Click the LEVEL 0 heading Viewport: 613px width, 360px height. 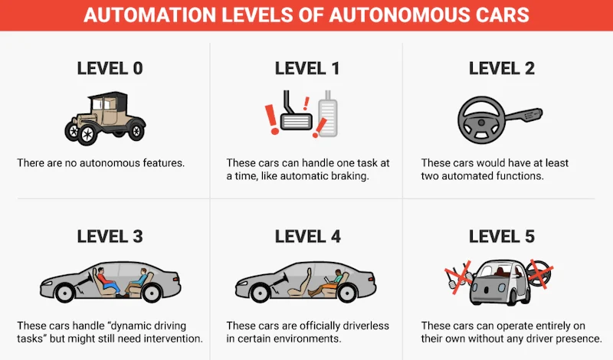click(110, 68)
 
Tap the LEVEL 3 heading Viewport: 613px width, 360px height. click(110, 237)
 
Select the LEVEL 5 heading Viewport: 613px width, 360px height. click(502, 237)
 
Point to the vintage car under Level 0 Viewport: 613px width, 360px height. click(105, 118)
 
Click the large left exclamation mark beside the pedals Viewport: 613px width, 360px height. click(272, 119)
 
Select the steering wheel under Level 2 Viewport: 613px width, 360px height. click(481, 119)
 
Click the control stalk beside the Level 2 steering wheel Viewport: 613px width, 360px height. click(524, 116)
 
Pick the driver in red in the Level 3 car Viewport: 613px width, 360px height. click(107, 281)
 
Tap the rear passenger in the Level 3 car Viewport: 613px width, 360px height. click(137, 281)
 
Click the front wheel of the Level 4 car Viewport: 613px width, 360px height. click(260, 293)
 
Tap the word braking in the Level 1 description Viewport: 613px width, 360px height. click(350, 176)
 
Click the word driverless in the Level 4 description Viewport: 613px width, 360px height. click(366, 326)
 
